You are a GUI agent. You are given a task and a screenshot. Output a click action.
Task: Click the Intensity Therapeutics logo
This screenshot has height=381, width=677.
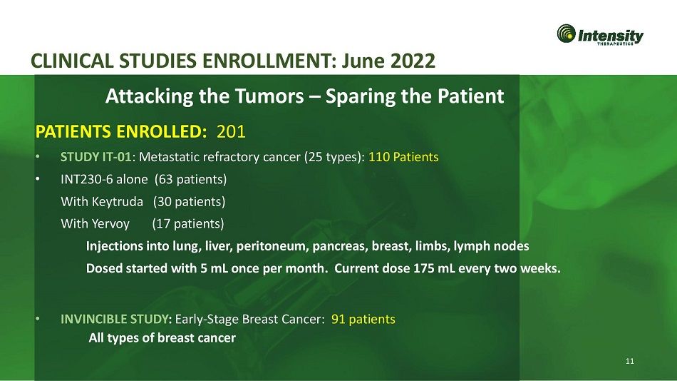[600, 34]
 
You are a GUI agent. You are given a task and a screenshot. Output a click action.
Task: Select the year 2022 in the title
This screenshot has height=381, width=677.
[413, 61]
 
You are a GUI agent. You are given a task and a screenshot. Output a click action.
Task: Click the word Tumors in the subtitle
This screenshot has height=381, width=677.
[269, 96]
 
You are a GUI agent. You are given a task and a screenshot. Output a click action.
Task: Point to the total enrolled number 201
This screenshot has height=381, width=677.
[231, 131]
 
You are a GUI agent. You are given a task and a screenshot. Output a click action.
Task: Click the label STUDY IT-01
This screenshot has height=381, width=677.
[96, 156]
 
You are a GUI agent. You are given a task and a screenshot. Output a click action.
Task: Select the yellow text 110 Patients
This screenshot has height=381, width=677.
[403, 156]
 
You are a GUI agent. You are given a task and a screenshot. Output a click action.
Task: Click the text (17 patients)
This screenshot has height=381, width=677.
[188, 224]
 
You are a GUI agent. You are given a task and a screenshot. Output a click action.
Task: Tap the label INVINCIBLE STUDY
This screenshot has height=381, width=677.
[116, 319]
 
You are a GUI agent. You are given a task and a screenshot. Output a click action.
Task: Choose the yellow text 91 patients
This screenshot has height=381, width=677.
[363, 319]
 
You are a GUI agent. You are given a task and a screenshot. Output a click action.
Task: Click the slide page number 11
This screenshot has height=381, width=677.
[629, 361]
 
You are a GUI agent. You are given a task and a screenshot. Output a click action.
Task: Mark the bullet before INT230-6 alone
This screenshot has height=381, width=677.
[38, 179]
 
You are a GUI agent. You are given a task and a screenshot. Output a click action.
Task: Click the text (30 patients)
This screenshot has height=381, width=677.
[189, 202]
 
